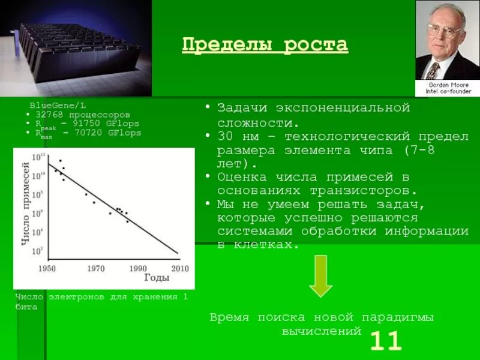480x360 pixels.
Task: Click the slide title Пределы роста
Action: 265,45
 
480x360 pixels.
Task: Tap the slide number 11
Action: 385,341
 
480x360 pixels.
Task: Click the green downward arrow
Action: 321,276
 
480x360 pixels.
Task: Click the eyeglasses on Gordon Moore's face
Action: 444,29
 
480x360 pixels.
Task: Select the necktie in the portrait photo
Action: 434,71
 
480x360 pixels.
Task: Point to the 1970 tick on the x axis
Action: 96,269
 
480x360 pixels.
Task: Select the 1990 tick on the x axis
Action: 137,269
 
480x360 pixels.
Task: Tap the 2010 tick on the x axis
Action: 179,269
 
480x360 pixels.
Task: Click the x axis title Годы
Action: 157,278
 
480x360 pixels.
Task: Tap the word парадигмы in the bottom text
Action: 397,317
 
